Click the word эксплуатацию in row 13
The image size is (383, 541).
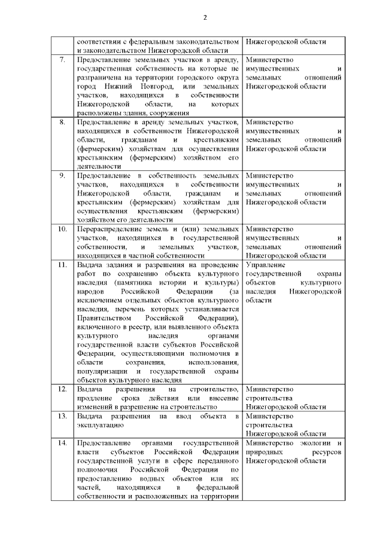(x=101, y=425)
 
